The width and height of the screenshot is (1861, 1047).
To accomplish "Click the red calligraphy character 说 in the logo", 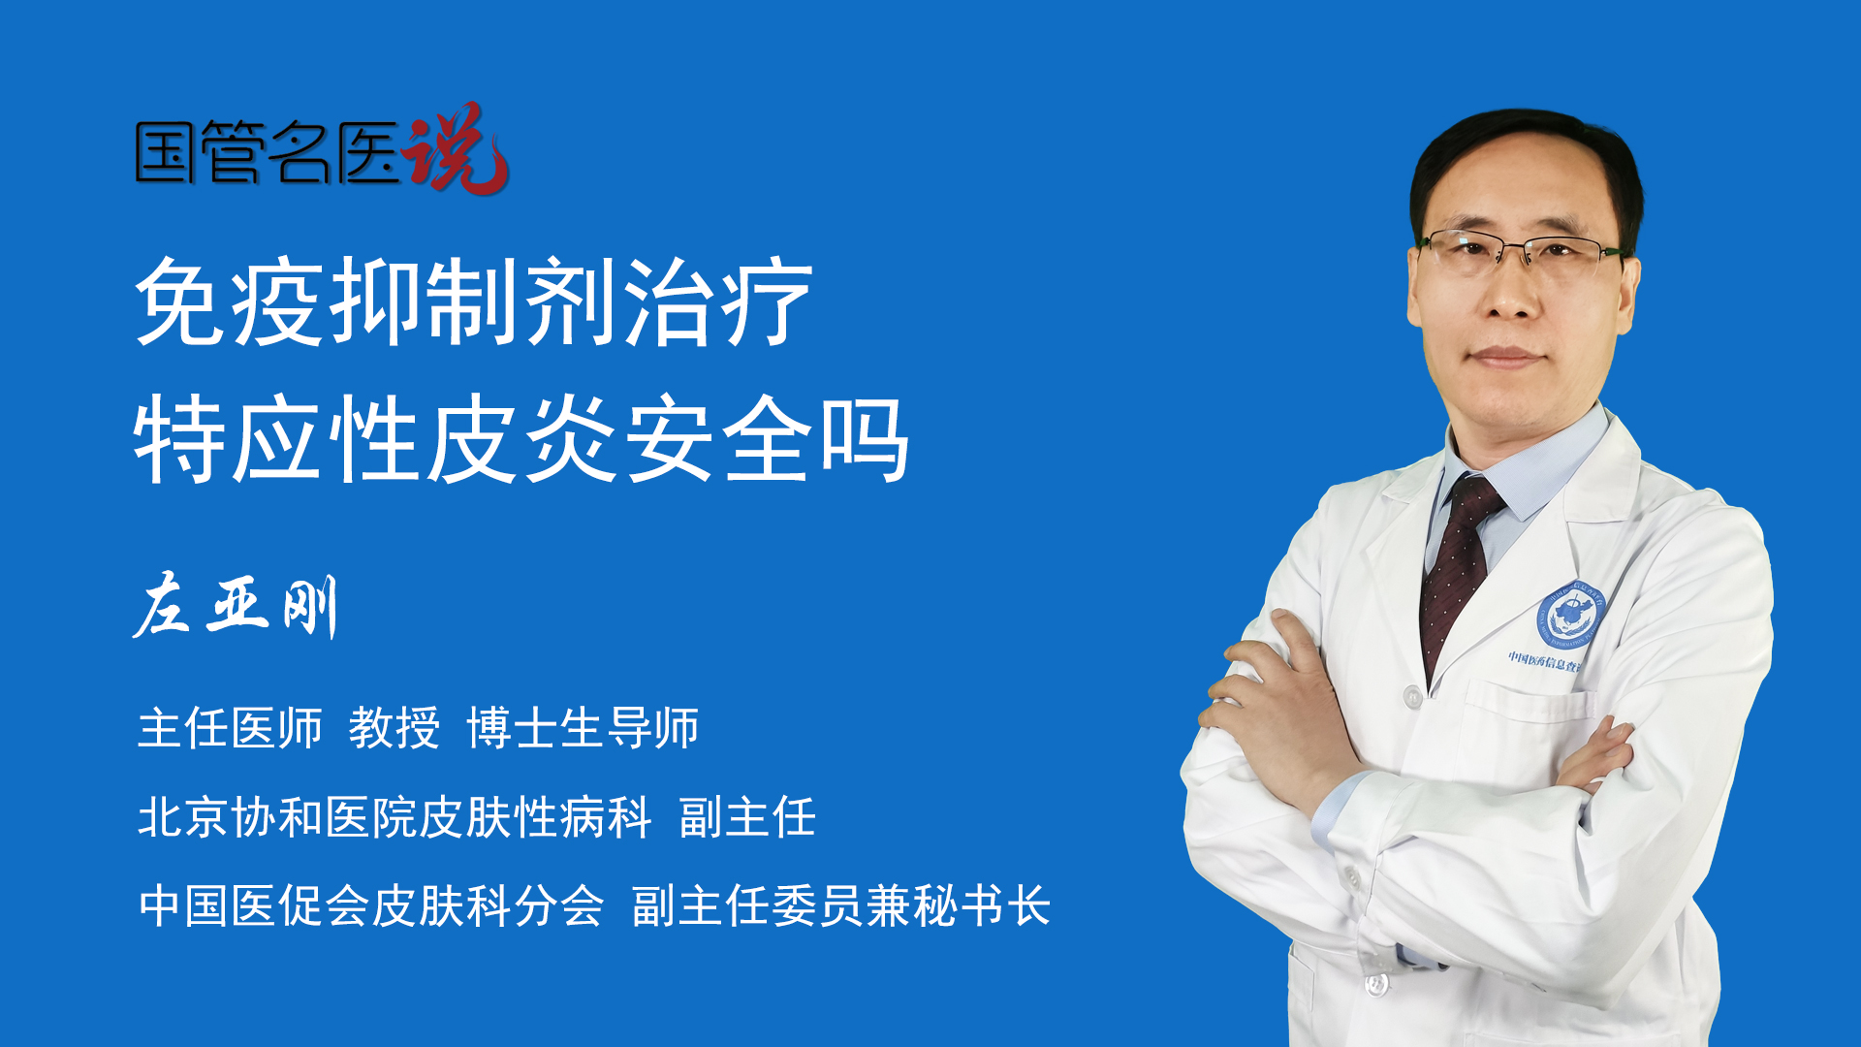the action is coord(455,148).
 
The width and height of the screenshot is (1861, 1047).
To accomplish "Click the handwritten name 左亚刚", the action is coord(236,607).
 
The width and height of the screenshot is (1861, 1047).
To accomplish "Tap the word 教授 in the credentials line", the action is coord(394,728).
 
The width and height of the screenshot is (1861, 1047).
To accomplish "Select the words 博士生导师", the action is coord(583,728).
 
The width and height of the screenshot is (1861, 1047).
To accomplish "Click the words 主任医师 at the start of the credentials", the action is coord(230,728).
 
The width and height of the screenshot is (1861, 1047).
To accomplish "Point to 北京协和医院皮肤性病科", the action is coord(394,817).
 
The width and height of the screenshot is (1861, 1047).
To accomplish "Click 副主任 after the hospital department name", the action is coord(747,817).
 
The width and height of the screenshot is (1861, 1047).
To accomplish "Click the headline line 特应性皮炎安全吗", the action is coord(522,439).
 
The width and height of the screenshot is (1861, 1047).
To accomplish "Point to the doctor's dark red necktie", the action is coord(1458,572).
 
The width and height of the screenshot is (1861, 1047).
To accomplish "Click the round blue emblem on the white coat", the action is coord(1570,616).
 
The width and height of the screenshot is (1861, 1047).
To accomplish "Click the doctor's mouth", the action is coord(1505,357).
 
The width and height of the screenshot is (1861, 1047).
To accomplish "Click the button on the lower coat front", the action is coord(1375,984).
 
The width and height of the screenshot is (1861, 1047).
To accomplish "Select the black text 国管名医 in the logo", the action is coord(268,152).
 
